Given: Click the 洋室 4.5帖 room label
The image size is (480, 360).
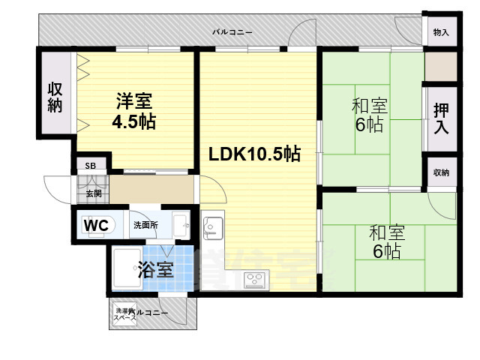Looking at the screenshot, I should (135, 111).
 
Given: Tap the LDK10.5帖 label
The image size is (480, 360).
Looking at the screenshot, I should (255, 154).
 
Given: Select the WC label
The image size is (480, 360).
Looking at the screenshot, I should (96, 225).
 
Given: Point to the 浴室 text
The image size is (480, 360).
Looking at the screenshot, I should (156, 268).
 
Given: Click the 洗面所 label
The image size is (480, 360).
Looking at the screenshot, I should (145, 225).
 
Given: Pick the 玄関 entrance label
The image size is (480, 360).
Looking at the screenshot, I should (92, 193).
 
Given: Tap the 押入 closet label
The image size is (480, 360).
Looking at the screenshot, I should (441, 119).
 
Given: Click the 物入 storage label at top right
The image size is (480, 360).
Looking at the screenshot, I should (441, 33).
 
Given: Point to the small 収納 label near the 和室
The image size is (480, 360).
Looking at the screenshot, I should (441, 173).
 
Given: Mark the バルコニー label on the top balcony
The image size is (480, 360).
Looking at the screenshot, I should (232, 32).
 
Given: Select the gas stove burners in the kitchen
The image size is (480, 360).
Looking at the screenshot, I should (253, 280).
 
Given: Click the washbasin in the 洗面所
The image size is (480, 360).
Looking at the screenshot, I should (180, 223).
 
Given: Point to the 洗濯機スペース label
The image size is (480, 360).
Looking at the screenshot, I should (124, 314).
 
